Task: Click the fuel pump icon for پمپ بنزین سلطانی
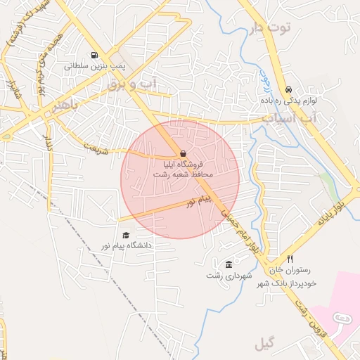point(94,56)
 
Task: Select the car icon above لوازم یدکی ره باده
point(289,90)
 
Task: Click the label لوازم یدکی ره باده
point(290,101)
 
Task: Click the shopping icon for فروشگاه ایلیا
point(183,153)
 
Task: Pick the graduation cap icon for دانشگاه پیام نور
point(126,236)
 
